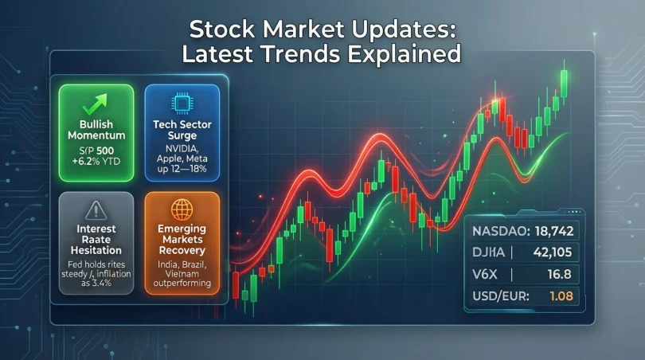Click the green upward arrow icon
click(97, 103)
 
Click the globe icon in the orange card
click(182, 210)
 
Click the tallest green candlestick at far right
click(565, 83)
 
